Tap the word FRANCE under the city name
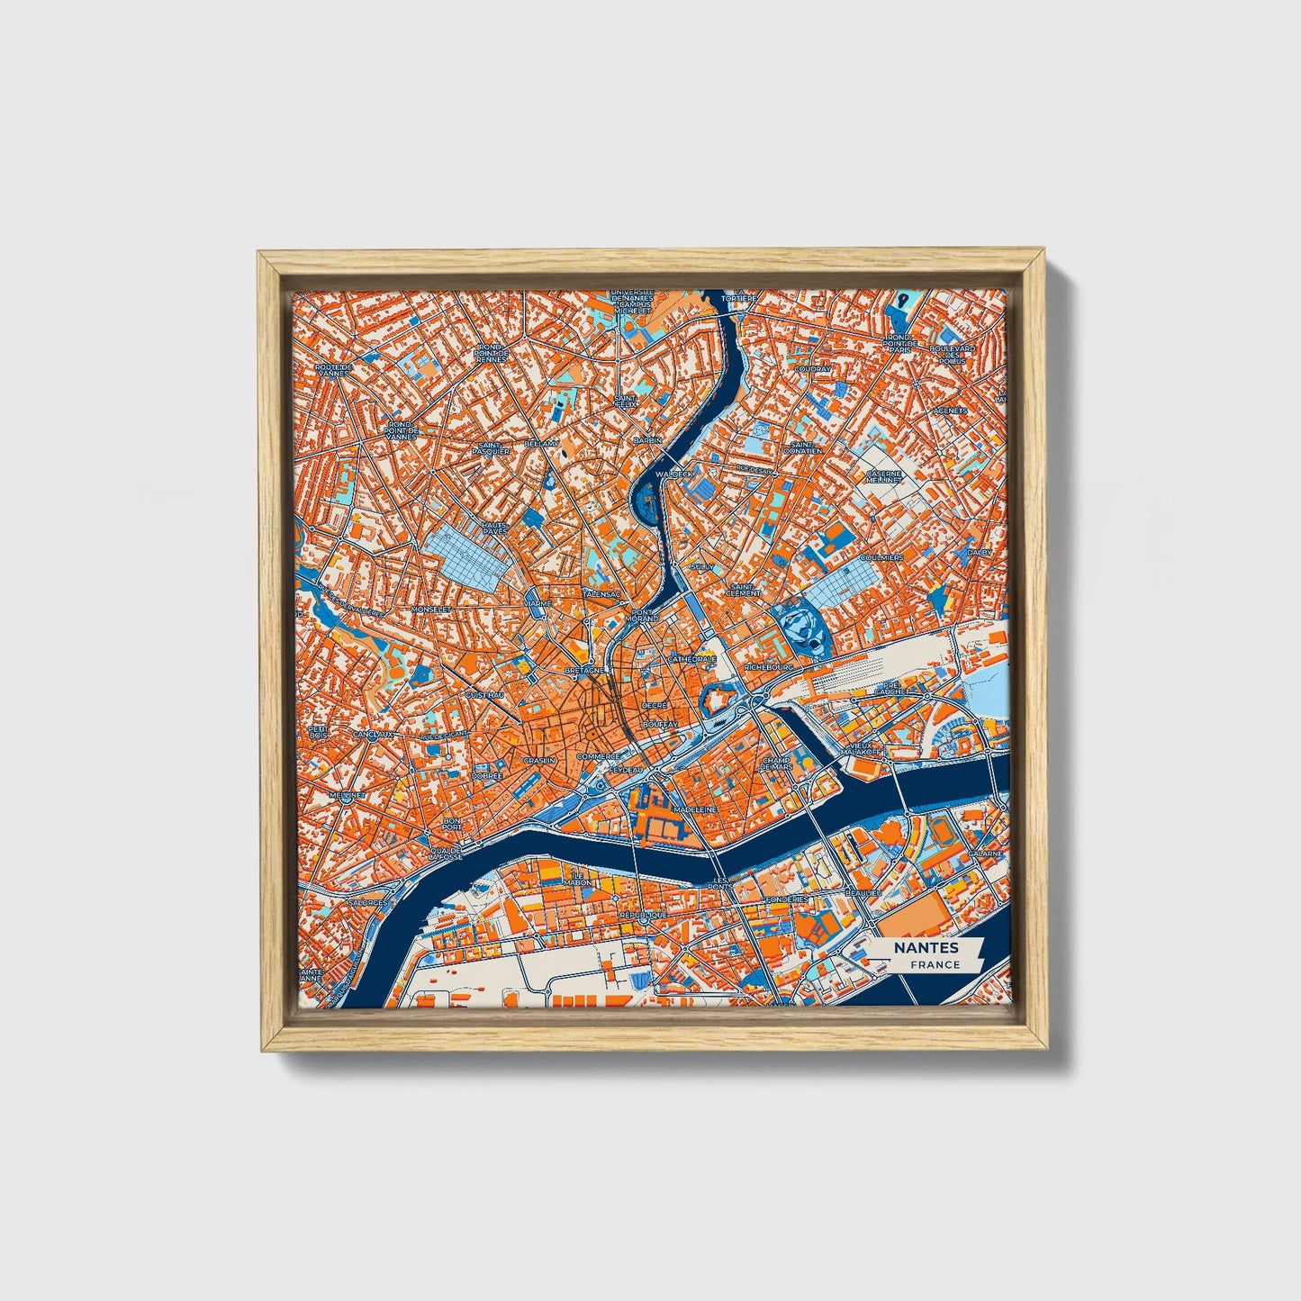point(934,964)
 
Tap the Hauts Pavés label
point(494,528)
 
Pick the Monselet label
point(429,610)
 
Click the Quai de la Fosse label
point(447,854)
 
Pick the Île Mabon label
point(577,879)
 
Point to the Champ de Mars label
point(776,763)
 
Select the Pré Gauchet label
point(893,687)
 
